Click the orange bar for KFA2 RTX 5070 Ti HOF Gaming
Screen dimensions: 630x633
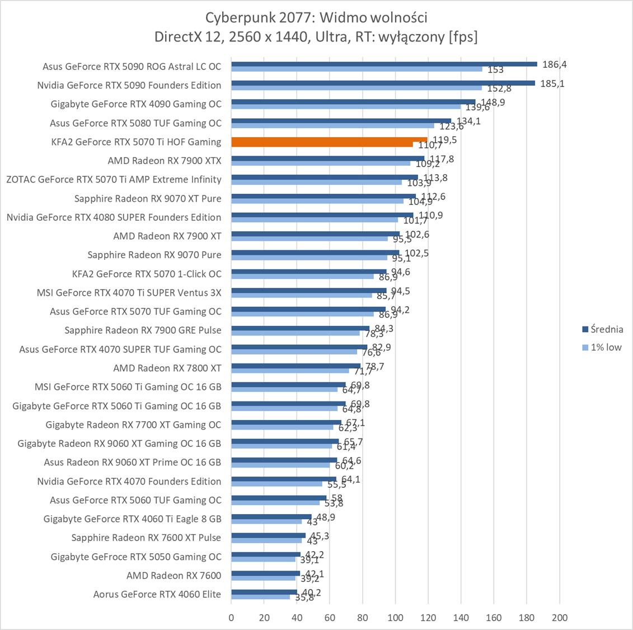point(329,140)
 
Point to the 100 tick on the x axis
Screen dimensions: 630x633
point(395,618)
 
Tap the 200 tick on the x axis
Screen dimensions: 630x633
point(559,618)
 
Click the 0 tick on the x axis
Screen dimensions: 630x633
point(231,618)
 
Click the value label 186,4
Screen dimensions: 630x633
point(554,64)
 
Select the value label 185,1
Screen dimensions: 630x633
point(552,84)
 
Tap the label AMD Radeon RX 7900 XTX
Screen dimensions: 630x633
point(165,161)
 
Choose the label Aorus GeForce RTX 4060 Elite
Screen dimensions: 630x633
point(157,594)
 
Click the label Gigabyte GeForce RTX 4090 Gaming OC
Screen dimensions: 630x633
point(136,104)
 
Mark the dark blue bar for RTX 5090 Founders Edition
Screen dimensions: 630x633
point(383,83)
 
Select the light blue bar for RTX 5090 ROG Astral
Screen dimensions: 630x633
point(357,69)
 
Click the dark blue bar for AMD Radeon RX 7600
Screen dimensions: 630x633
point(265,573)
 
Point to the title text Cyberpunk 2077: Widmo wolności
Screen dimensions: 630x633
point(316,17)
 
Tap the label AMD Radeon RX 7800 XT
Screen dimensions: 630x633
point(167,368)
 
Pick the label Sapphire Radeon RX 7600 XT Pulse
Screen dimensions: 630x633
point(146,538)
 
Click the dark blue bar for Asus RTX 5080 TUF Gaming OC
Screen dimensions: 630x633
point(341,120)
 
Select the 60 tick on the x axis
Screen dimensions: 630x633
point(330,618)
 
